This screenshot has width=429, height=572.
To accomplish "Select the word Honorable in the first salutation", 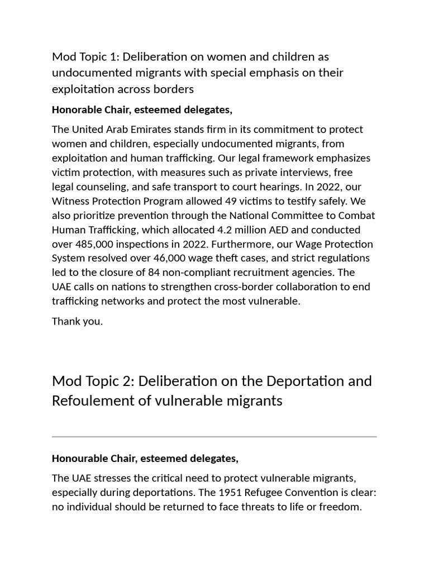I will [75, 109].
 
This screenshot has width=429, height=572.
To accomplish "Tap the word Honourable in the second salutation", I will [77, 459].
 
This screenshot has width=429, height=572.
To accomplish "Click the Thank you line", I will [77, 321].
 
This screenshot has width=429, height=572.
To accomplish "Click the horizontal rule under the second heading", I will [214, 436].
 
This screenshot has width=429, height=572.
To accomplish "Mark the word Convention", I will [311, 493].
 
